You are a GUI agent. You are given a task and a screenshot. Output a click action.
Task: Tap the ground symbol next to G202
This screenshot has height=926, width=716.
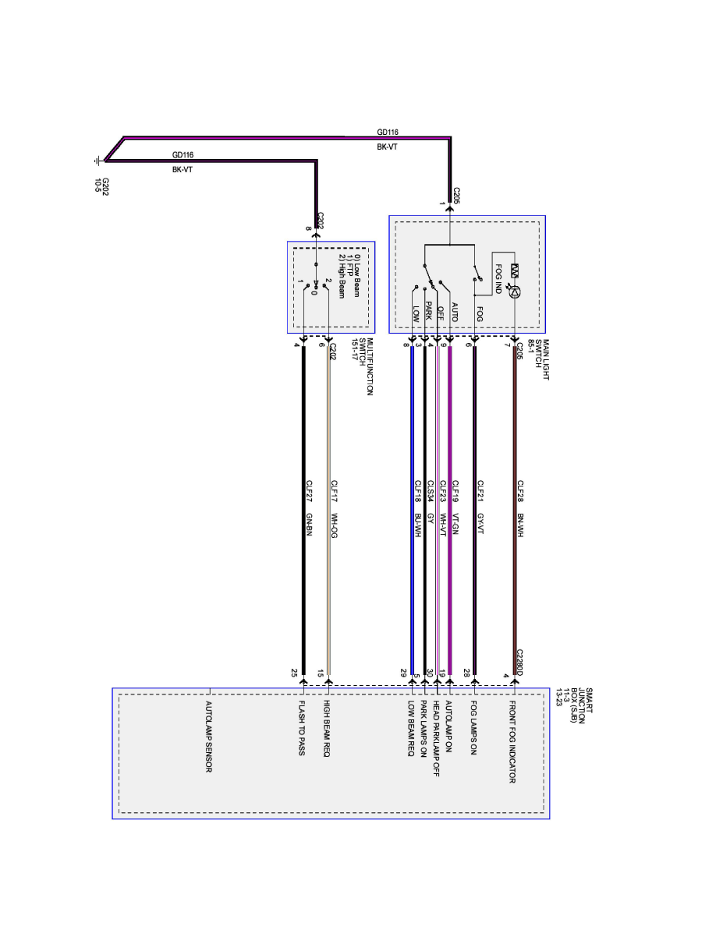[97, 161]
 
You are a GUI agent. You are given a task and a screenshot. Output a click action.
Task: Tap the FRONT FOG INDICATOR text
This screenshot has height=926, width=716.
[512, 741]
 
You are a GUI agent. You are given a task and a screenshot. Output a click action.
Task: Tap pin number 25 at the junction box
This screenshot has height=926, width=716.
[294, 672]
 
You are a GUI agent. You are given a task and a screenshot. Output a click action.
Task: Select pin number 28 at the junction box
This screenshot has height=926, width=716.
[467, 672]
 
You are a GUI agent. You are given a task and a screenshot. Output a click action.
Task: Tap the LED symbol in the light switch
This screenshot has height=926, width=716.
[515, 291]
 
